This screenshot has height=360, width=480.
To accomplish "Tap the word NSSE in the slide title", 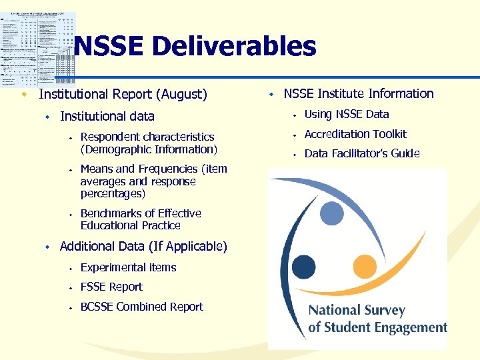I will coord(109,47).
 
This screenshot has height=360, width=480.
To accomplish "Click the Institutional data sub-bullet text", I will coord(107,117).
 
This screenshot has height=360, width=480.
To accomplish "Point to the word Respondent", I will coord(110,137).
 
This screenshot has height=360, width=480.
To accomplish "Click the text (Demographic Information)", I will coord(148,149).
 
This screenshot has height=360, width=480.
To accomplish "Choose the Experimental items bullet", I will coord(128,267).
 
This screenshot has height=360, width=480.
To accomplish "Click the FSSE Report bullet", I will coord(111,287).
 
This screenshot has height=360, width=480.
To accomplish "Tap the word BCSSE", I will coord(97,307).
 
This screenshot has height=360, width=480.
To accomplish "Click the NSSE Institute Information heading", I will coord(359,94).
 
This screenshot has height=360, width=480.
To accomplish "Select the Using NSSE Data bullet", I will coord(347,114).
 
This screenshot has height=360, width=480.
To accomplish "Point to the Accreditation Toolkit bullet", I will coord(355,134).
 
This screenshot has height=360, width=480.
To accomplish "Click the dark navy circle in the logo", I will coord(304,267).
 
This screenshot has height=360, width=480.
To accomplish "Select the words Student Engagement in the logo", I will coord(385,327).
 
